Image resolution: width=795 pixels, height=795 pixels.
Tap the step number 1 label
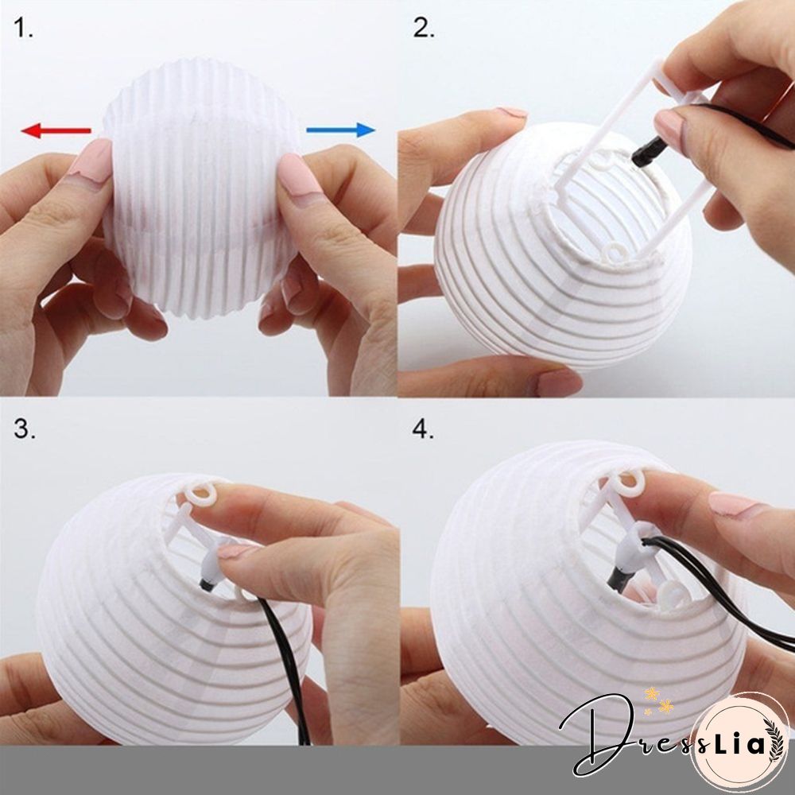24,29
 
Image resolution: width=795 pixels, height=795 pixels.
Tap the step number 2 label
424,29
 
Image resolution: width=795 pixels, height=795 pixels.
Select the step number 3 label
25,430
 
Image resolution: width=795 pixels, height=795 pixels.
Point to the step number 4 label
424,430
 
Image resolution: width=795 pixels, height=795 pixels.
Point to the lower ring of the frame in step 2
616,254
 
